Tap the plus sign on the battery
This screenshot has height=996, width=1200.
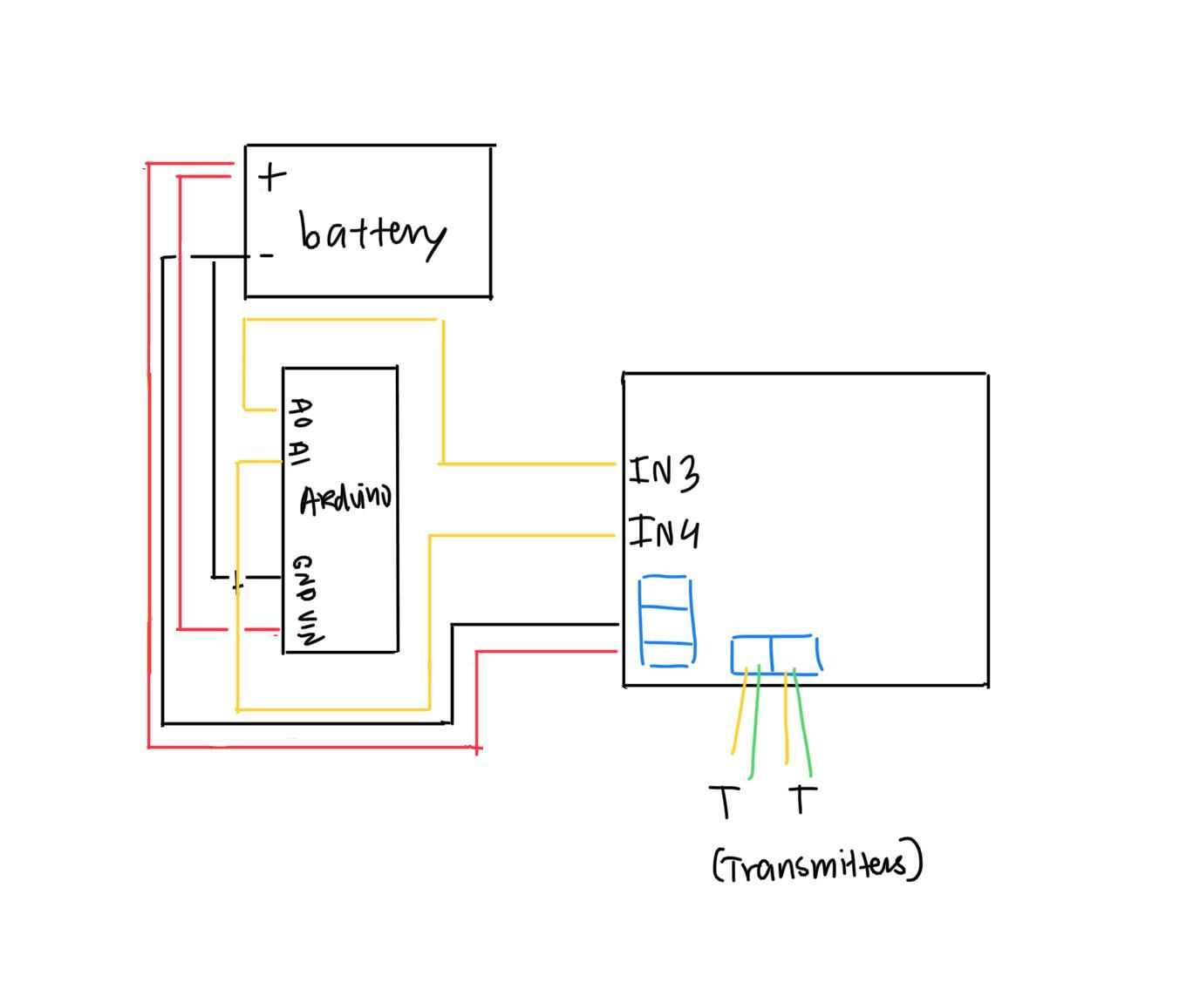coord(272,177)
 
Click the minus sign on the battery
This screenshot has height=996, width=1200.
coord(267,255)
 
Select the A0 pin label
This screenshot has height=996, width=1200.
coord(301,413)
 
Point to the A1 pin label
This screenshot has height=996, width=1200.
coord(299,452)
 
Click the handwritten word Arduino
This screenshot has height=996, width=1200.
coord(346,499)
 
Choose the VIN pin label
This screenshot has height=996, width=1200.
coord(310,628)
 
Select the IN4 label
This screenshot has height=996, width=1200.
coord(664,532)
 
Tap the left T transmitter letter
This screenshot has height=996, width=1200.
coord(725,802)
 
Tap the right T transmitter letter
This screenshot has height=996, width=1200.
coord(802,799)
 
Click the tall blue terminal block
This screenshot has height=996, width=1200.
coord(667,621)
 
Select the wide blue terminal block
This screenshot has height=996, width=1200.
coord(776,654)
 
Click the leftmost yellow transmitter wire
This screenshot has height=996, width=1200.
coord(740,710)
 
